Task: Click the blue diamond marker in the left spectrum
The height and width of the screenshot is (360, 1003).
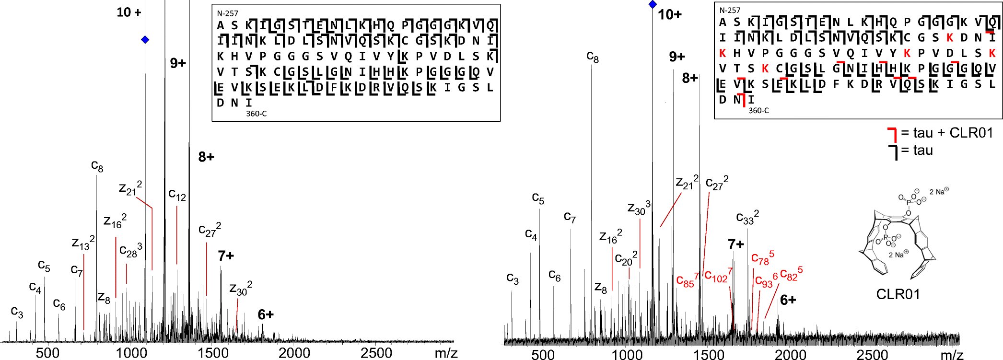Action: pyautogui.click(x=145, y=40)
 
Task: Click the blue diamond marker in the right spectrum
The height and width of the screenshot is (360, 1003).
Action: pyautogui.click(x=653, y=4)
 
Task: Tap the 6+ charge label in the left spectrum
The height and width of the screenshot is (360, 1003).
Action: pyautogui.click(x=266, y=315)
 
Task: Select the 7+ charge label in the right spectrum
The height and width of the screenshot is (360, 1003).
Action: pyautogui.click(x=735, y=244)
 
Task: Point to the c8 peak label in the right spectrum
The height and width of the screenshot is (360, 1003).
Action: pyautogui.click(x=593, y=58)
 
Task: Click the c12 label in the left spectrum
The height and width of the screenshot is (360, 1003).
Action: pyautogui.click(x=177, y=195)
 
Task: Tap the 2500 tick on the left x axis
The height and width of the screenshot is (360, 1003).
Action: pyautogui.click(x=376, y=353)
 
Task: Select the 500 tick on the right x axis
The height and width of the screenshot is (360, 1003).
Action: pyautogui.click(x=543, y=355)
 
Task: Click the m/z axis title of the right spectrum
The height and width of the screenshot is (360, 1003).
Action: pyautogui.click(x=952, y=355)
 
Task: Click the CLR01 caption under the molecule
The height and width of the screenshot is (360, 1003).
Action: pyautogui.click(x=898, y=294)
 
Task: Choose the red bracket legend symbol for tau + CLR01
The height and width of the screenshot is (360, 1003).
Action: pyautogui.click(x=892, y=134)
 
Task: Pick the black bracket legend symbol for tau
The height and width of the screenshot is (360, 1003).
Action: pyautogui.click(x=892, y=152)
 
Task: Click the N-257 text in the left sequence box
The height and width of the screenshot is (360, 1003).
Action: pyautogui.click(x=227, y=13)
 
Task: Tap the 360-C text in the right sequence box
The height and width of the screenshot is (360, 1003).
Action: pyautogui.click(x=758, y=110)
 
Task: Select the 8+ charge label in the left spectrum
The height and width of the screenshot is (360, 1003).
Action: pyautogui.click(x=206, y=157)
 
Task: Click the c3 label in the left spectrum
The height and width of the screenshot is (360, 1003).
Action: pyautogui.click(x=17, y=312)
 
